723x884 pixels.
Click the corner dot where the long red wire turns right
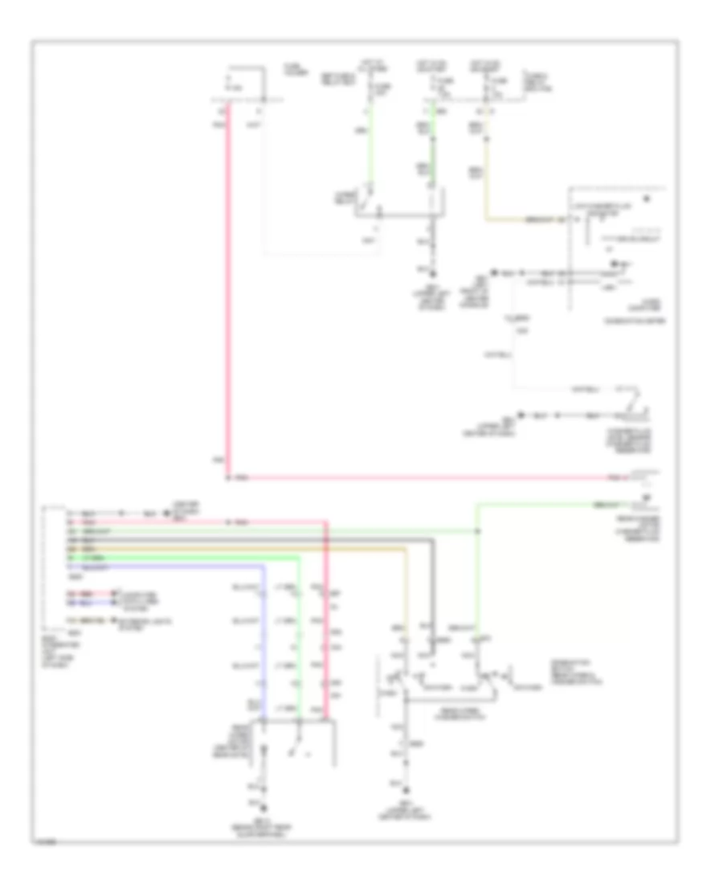coord(228,478)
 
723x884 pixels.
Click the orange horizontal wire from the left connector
coord(241,549)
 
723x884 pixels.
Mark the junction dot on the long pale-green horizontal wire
coord(478,531)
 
